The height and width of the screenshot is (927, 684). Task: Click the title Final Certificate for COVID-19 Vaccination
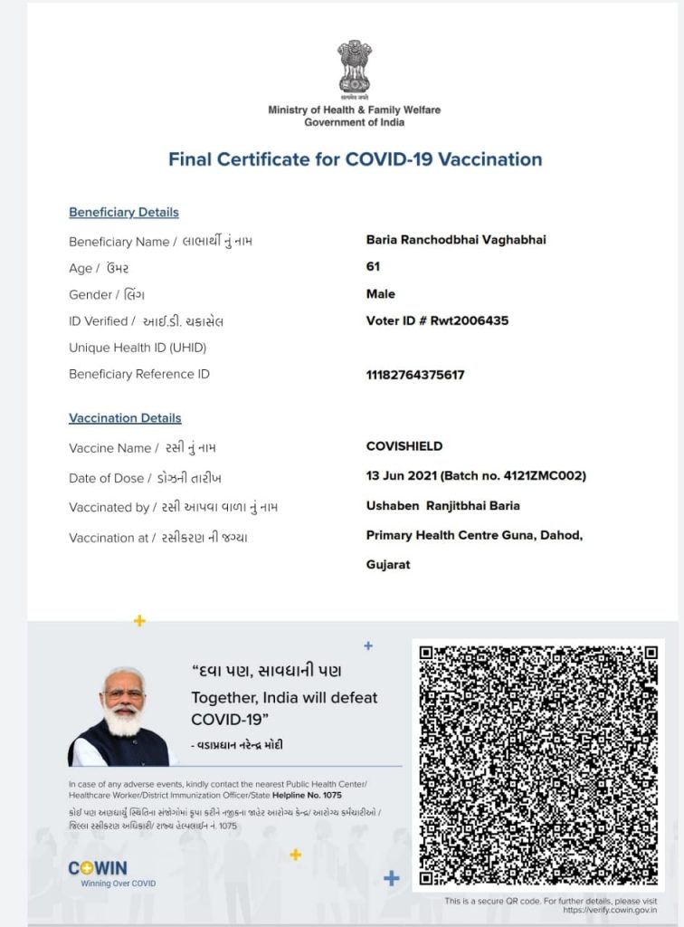[x=355, y=159]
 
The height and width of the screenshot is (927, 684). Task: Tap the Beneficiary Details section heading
[x=124, y=213]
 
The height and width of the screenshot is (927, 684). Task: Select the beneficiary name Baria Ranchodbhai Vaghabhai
[x=456, y=240]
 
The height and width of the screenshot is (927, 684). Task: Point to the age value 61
[x=373, y=267]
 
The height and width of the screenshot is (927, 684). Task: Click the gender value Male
[x=380, y=294]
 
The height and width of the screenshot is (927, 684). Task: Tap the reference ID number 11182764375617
[x=415, y=375]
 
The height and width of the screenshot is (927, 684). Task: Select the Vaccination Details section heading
[x=125, y=418]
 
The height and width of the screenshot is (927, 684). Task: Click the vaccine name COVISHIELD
[x=404, y=446]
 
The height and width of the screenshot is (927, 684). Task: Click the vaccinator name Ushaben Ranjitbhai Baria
[x=442, y=506]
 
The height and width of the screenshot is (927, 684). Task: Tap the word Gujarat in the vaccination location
[x=388, y=565]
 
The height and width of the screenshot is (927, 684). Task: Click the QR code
[x=537, y=766]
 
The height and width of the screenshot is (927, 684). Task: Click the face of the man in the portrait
[x=123, y=700]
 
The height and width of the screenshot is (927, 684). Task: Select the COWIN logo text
[x=98, y=868]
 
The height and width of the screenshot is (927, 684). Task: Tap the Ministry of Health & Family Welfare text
[x=355, y=110]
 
